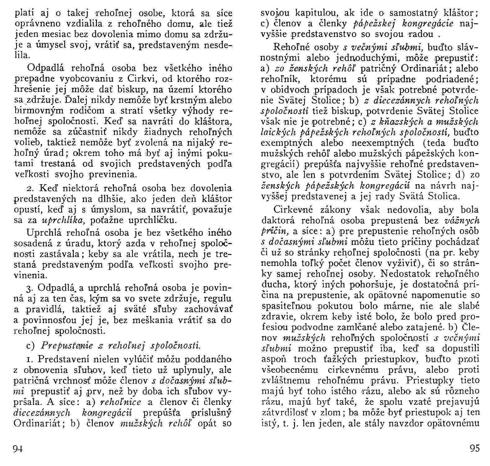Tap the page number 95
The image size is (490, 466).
(x=475, y=449)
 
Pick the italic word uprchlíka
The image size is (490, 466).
(x=59, y=221)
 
